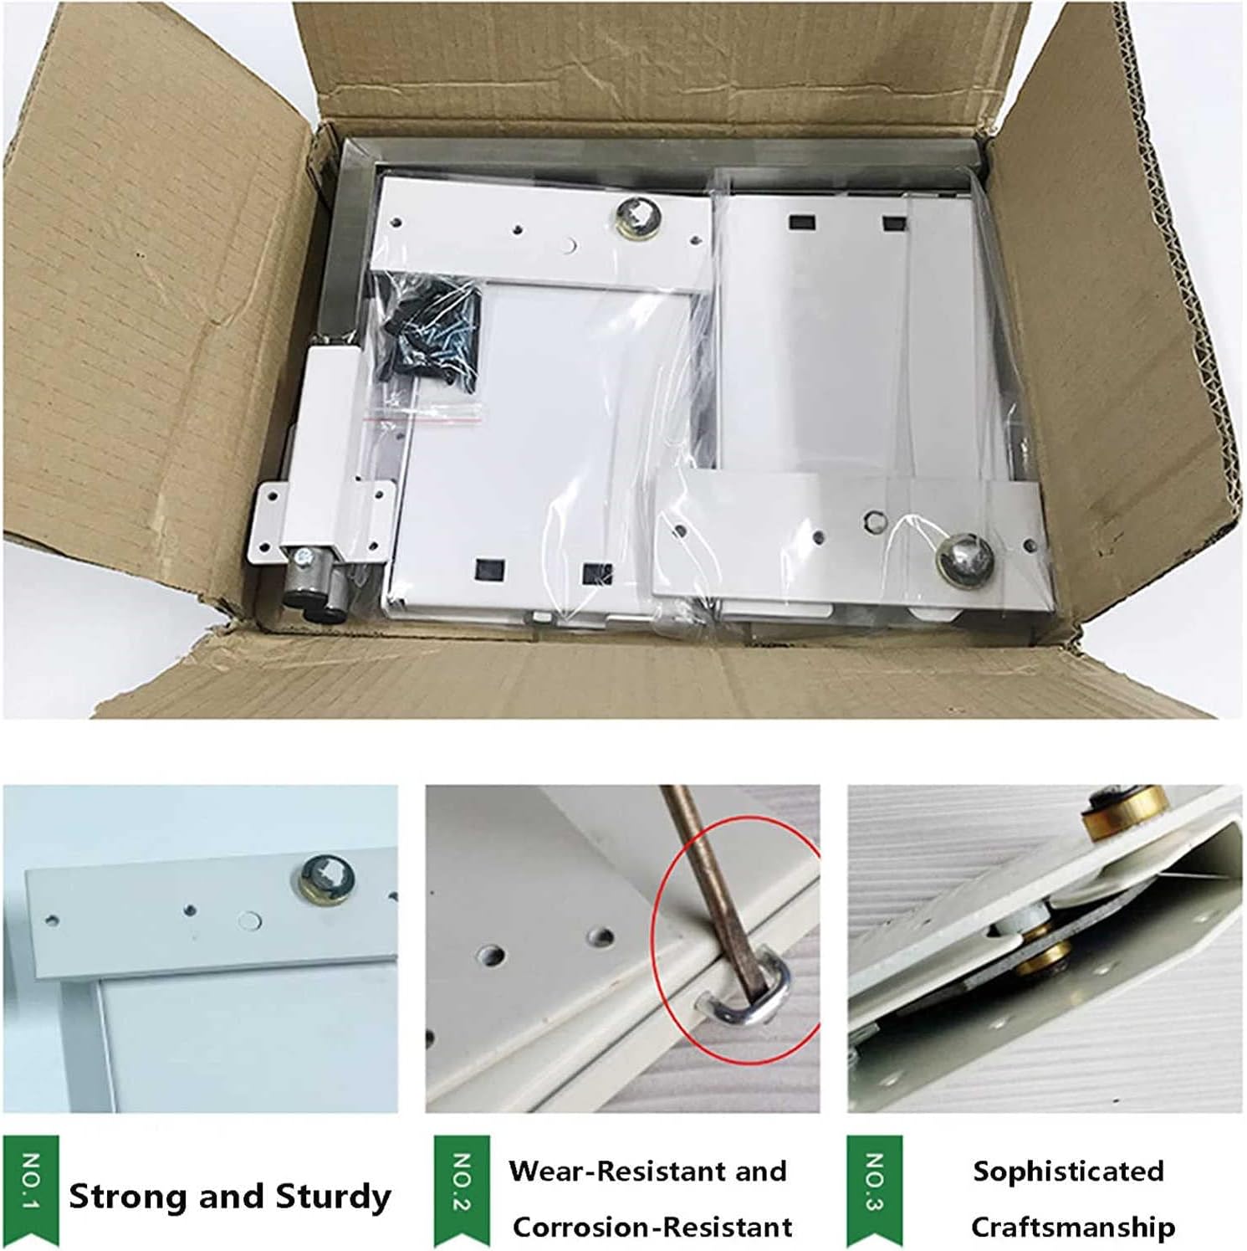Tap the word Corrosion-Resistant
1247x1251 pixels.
tap(652, 1227)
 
